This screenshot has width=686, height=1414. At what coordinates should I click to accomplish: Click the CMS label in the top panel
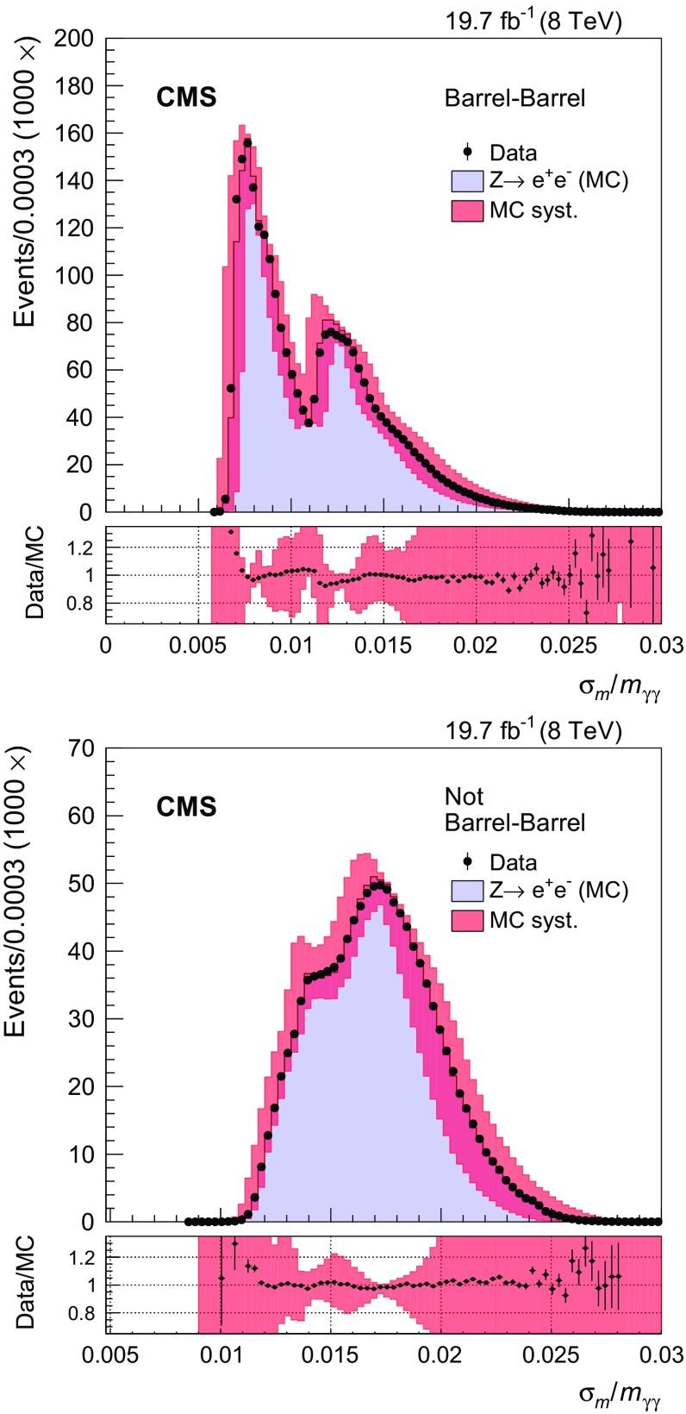[186, 98]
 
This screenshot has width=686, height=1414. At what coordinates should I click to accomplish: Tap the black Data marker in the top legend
[468, 153]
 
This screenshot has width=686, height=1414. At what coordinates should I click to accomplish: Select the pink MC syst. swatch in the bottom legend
[466, 920]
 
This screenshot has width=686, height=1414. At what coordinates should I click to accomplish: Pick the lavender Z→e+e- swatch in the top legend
[466, 181]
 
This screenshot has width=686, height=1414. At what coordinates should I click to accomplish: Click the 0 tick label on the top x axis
[106, 645]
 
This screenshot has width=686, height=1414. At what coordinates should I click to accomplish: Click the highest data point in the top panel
[247, 143]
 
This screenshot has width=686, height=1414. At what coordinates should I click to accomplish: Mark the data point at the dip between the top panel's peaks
[309, 422]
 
